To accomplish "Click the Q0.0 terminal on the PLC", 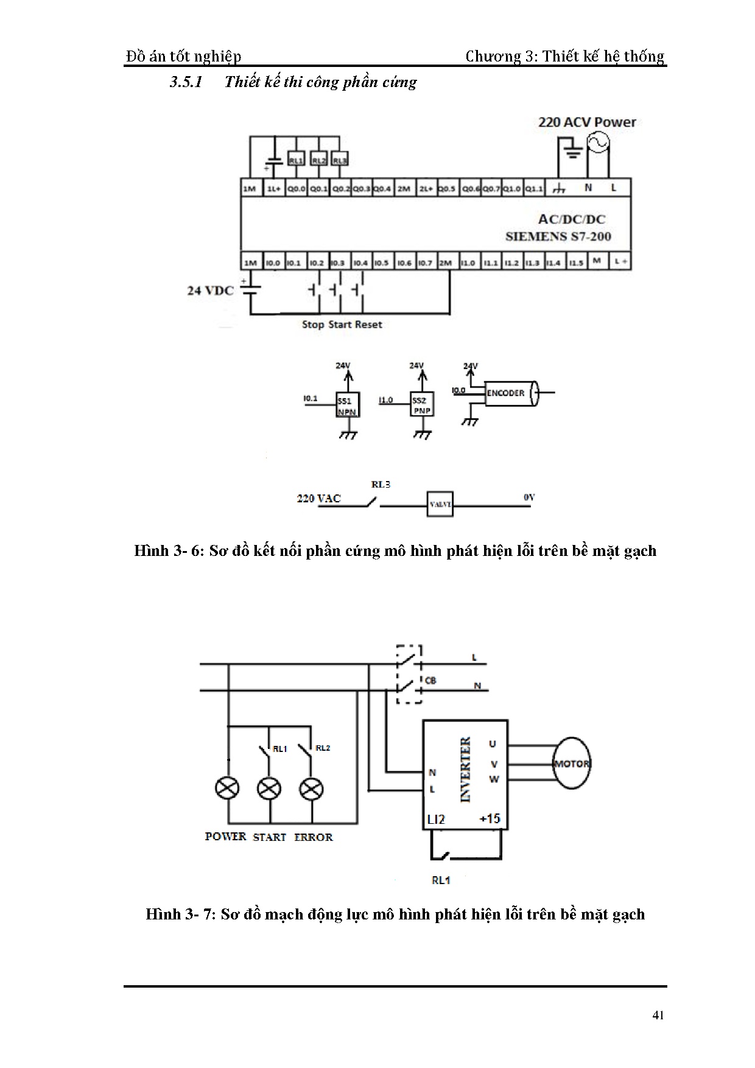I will [x=297, y=189].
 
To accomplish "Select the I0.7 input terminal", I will [x=425, y=263].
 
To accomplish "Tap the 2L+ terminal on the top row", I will [x=426, y=189].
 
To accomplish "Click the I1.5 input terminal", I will [x=575, y=263].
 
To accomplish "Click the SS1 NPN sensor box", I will [x=348, y=404].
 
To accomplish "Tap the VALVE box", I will [x=440, y=504].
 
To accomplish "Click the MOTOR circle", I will [x=571, y=764].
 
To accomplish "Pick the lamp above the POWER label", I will [x=228, y=789].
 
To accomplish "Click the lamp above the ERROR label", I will [x=311, y=789].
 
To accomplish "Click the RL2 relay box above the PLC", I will [x=318, y=160].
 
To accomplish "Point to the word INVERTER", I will [x=466, y=770].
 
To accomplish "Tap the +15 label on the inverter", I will [x=490, y=818].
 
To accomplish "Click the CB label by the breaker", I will [x=430, y=680].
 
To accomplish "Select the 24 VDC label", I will [x=210, y=290].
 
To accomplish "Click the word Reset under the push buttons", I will [x=368, y=325].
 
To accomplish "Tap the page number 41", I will [x=658, y=1015].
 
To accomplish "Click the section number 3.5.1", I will [x=186, y=82].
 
